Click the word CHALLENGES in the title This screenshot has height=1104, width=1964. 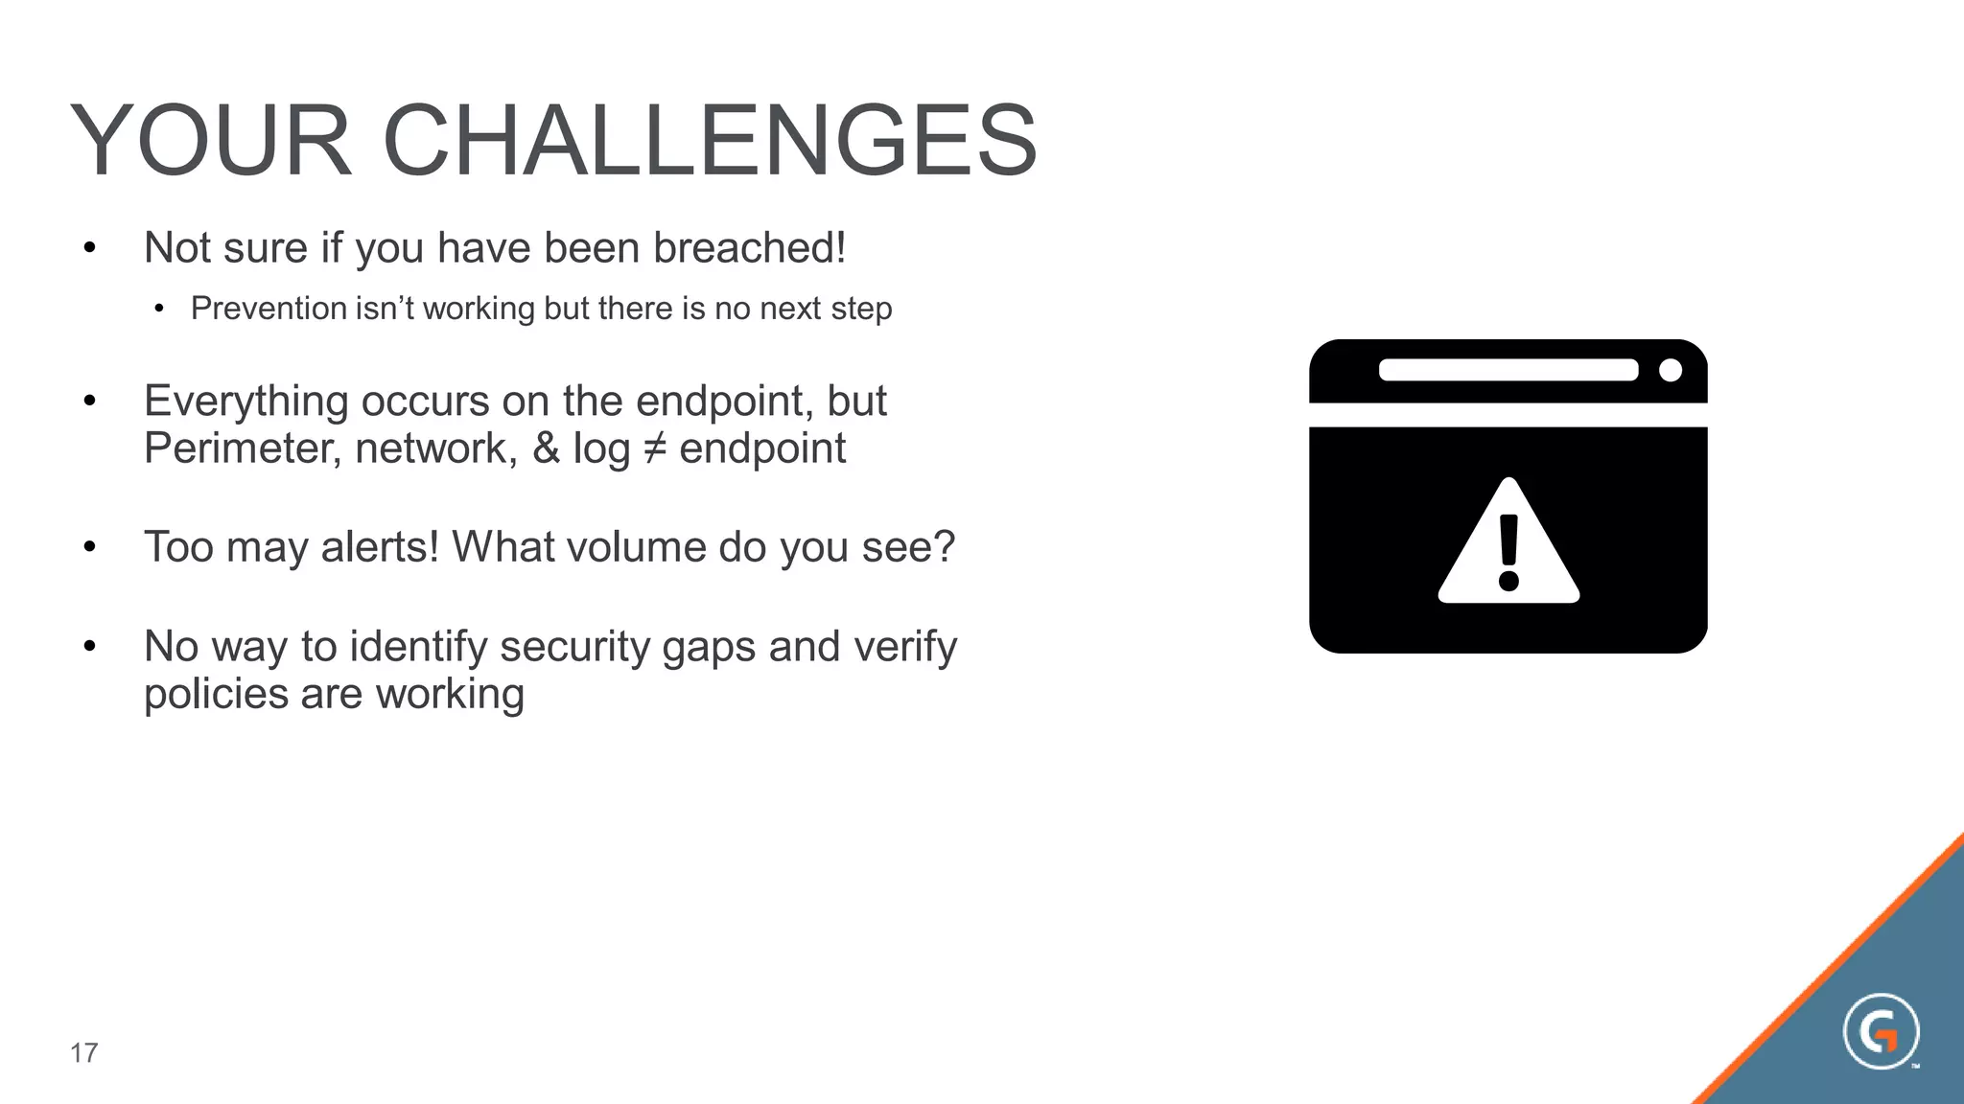pos(710,141)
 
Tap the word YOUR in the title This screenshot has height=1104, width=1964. pos(211,141)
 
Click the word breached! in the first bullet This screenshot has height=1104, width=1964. pos(750,248)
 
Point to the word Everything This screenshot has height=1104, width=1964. pos(245,402)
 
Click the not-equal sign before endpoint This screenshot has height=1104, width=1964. pos(654,448)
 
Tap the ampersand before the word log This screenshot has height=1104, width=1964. pos(546,448)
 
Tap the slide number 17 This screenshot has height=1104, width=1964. pos(83,1053)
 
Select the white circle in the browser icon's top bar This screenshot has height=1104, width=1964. pos(1670,370)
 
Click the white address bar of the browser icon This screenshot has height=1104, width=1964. pos(1508,370)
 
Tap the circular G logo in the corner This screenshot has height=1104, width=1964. pos(1880,1032)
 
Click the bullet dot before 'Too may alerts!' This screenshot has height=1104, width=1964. pos(89,547)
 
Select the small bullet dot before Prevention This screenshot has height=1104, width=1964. pos(159,309)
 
